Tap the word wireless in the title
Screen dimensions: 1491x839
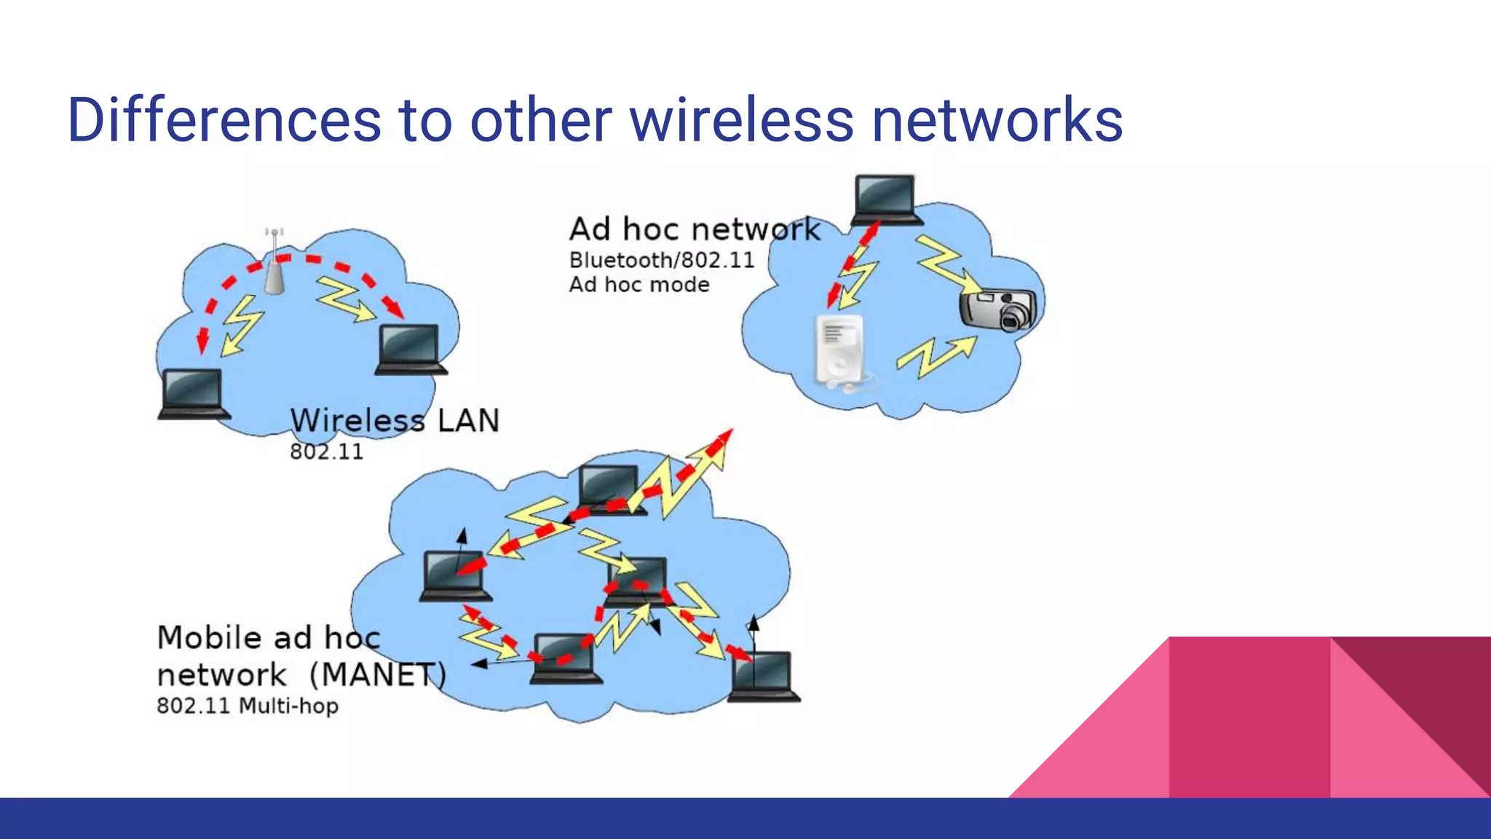(741, 120)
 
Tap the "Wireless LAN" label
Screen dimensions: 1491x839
(395, 421)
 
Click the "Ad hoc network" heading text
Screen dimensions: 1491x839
(695, 229)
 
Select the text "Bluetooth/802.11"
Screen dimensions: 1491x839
(661, 261)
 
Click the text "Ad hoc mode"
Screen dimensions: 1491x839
(639, 285)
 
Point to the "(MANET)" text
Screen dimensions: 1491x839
(377, 674)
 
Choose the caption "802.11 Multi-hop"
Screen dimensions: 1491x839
(248, 706)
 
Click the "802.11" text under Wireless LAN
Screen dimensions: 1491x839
(326, 452)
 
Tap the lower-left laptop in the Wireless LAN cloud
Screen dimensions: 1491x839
(192, 393)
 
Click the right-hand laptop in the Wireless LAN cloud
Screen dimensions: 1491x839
(410, 349)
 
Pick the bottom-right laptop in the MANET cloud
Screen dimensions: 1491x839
(764, 676)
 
